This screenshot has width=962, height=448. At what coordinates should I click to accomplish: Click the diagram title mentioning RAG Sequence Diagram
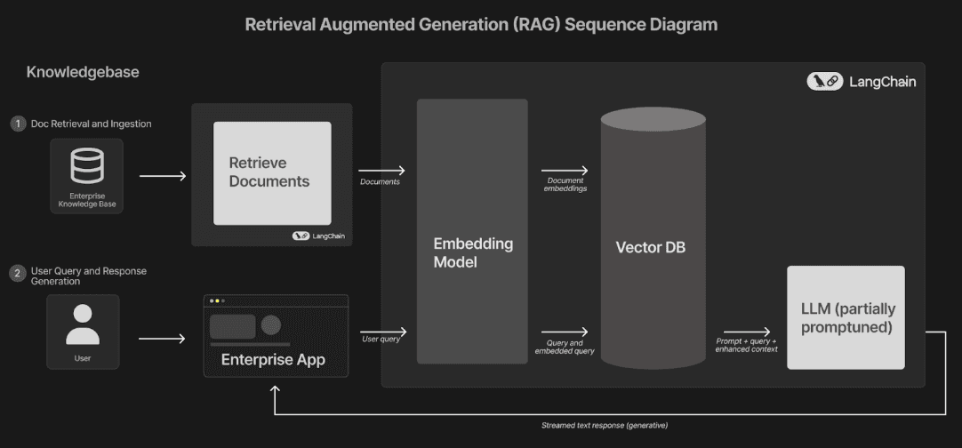[x=481, y=25]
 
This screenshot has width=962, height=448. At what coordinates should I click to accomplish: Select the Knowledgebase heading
[x=83, y=72]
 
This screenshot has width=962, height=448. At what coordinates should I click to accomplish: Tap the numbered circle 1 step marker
[x=18, y=124]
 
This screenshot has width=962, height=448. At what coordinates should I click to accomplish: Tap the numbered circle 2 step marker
[x=18, y=274]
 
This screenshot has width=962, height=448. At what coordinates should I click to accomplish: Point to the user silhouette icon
[x=83, y=324]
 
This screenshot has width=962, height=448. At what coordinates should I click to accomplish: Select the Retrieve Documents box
[x=272, y=172]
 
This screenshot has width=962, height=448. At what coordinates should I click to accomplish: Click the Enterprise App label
[x=273, y=360]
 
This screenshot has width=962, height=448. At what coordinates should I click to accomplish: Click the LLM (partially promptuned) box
[x=846, y=317]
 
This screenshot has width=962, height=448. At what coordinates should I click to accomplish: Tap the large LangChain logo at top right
[x=861, y=82]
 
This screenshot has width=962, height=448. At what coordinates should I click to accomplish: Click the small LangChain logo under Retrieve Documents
[x=318, y=236]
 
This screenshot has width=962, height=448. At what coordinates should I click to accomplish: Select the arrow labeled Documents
[x=381, y=170]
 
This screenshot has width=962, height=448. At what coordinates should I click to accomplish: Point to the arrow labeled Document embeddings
[x=565, y=170]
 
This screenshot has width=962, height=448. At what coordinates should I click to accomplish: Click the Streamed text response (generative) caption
[x=605, y=426]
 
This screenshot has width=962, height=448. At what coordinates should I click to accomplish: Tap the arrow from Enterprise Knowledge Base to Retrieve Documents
[x=163, y=175]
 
